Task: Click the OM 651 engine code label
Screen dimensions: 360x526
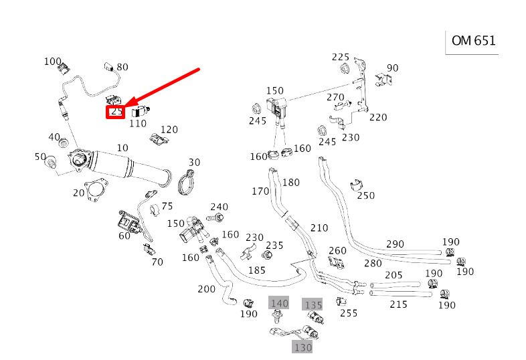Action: pos(473,41)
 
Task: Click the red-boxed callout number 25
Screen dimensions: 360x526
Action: pos(116,112)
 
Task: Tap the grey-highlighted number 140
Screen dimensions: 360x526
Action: pos(279,304)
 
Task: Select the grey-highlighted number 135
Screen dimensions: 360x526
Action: pos(313,305)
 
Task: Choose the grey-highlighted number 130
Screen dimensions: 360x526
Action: pos(302,347)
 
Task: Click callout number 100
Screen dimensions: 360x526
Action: pos(53,62)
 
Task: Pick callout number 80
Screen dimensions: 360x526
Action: pos(122,67)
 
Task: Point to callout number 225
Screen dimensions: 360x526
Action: pos(341,57)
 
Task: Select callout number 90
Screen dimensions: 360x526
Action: pos(393,68)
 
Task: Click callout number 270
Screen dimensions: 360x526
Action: pos(335,98)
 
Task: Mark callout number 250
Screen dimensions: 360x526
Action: pos(366,195)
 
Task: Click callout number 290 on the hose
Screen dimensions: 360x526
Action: pos(395,244)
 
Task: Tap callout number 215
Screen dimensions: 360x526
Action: pos(398,304)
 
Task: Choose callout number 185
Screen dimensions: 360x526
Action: pos(257,270)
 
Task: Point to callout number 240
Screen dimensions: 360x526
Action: pos(219,207)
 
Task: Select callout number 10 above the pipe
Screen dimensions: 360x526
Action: pos(122,147)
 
